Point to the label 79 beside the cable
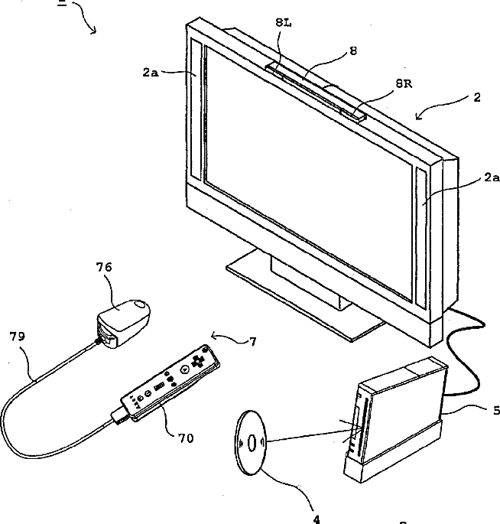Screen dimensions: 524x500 [16, 336]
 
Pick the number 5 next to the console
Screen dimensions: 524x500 [495, 410]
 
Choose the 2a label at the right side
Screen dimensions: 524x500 [491, 177]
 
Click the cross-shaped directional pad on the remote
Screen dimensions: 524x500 [201, 357]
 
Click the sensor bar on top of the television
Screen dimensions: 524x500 [315, 86]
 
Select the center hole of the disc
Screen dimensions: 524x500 [252, 442]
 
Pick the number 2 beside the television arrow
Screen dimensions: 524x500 [477, 97]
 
